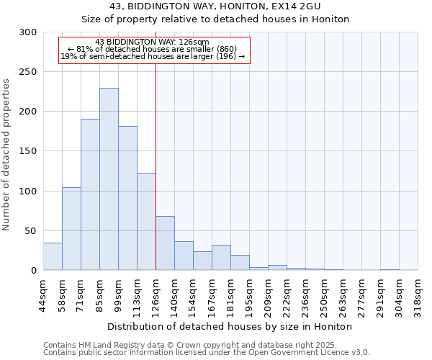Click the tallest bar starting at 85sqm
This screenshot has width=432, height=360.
click(x=109, y=179)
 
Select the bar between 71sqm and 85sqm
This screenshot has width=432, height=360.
click(x=90, y=194)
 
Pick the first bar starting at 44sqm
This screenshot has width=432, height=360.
click(x=53, y=256)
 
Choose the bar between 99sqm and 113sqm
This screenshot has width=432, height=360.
click(x=127, y=198)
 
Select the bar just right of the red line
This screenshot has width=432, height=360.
click(x=165, y=243)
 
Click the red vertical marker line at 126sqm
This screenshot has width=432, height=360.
click(x=156, y=144)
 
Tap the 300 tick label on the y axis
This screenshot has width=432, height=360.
click(x=28, y=32)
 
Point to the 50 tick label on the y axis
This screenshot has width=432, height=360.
click(x=31, y=231)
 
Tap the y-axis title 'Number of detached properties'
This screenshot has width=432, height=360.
click(x=6, y=155)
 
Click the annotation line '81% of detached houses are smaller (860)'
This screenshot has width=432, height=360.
click(x=152, y=49)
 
